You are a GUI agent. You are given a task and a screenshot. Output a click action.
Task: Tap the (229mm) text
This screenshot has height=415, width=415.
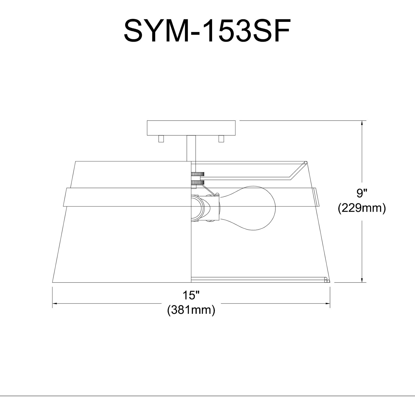[x=362, y=209]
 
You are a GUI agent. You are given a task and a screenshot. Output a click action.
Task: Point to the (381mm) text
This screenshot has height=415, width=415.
[x=191, y=310]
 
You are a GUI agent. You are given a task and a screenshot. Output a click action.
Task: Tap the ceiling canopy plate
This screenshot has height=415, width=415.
[x=191, y=128]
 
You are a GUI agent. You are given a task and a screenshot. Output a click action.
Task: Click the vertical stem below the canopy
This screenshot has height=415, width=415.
[x=191, y=148]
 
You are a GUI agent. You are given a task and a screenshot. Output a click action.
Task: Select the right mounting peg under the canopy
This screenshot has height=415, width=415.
[x=221, y=139]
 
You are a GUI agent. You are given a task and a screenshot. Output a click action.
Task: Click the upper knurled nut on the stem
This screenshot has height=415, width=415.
[x=198, y=174]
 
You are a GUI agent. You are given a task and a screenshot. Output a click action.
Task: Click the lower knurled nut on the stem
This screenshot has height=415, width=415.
[x=198, y=182]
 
